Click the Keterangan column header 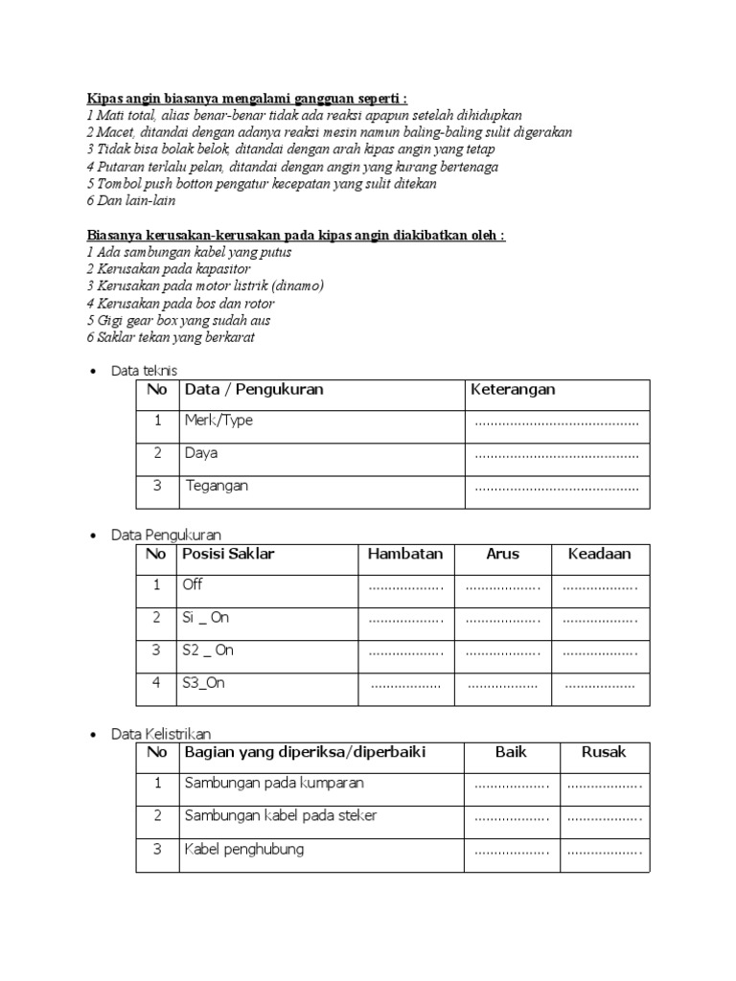513,389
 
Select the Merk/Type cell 218,421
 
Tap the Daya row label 201,453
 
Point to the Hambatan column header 405,554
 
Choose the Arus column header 502,554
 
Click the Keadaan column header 600,554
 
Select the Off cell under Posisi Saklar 193,584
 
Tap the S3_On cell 204,683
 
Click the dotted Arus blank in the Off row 503,587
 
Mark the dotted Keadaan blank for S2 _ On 600,652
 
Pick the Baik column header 511,752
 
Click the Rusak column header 604,752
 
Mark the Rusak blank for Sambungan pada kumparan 604,786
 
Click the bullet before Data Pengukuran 92,536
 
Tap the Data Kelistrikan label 161,734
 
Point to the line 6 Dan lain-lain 131,201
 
